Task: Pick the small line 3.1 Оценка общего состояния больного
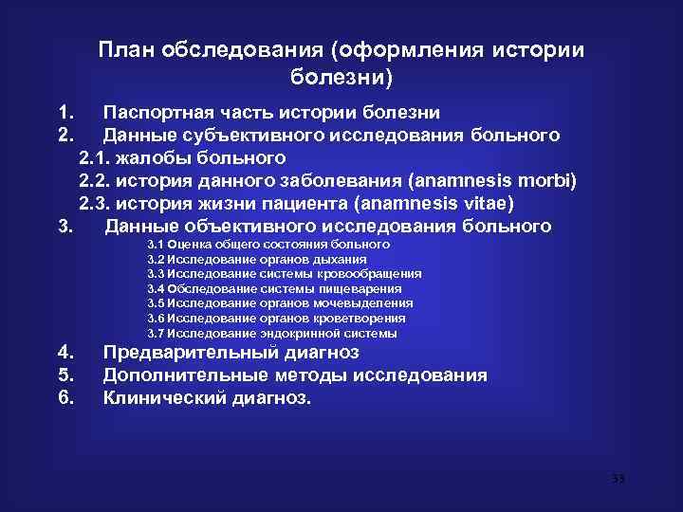pos(268,245)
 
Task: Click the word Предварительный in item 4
pos(191,353)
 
